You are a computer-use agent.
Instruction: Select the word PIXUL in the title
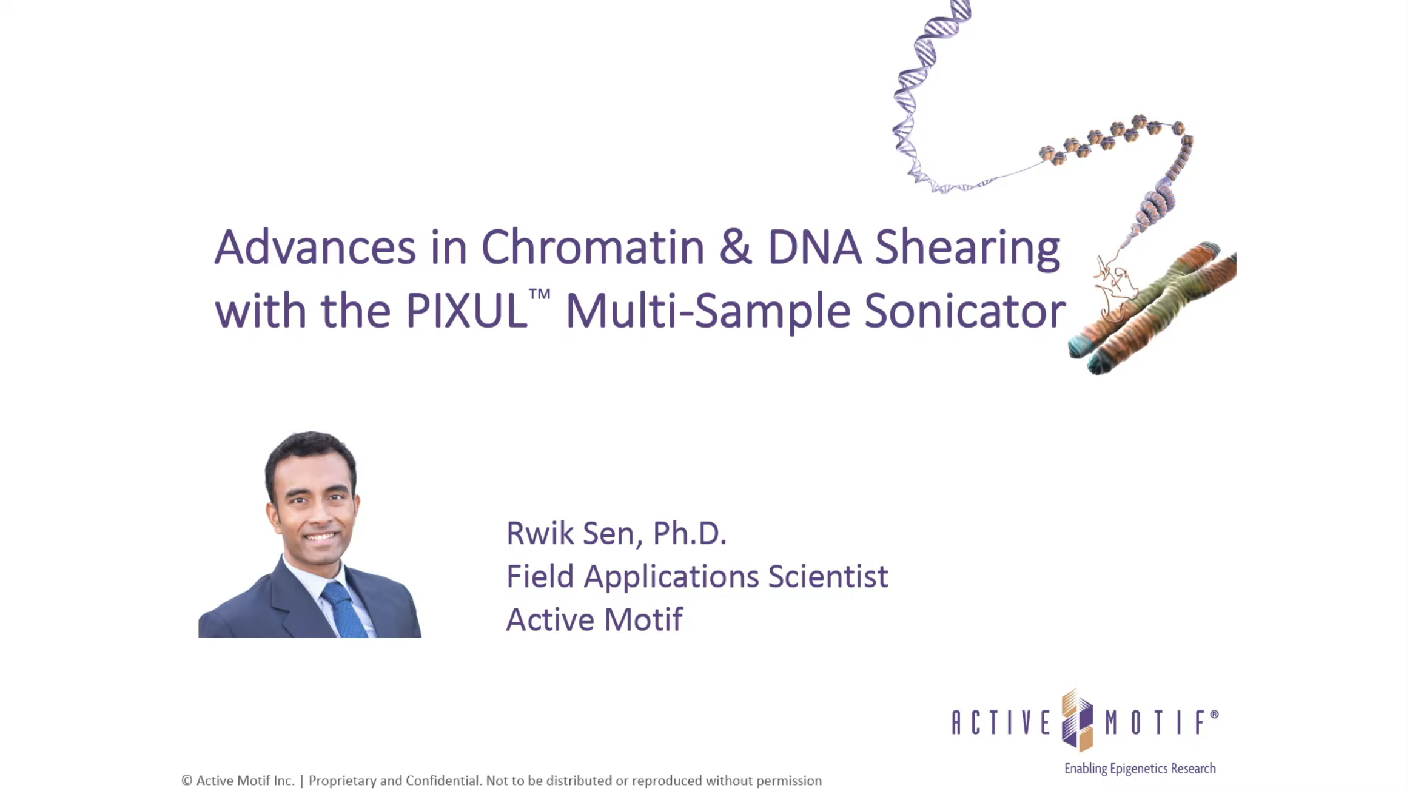[x=466, y=311]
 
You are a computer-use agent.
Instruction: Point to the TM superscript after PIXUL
[x=539, y=294]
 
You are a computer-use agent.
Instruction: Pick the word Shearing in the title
[x=968, y=248]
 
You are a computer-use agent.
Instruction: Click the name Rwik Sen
[x=571, y=533]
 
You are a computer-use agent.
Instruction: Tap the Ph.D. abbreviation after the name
[x=689, y=533]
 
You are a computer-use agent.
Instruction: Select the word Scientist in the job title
[x=828, y=576]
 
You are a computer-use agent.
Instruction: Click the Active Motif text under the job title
[x=594, y=619]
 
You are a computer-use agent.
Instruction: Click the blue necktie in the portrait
[x=344, y=610]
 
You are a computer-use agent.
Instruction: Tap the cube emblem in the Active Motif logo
[x=1078, y=721]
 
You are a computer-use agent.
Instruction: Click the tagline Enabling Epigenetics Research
[x=1140, y=769]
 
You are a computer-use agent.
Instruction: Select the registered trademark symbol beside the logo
[x=1214, y=715]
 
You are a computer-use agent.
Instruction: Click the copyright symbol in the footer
[x=187, y=781]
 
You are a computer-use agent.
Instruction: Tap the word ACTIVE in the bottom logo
[x=1001, y=722]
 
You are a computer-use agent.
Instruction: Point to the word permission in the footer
[x=788, y=781]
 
